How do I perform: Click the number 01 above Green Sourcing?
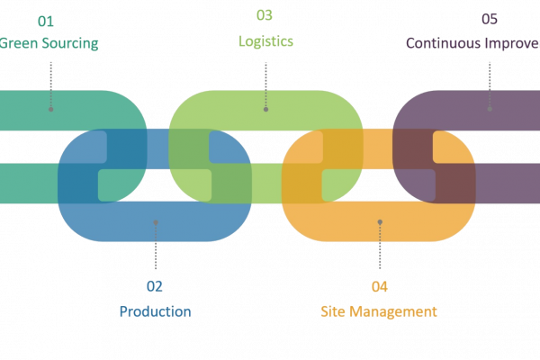pyautogui.click(x=45, y=19)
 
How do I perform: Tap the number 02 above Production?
pyautogui.click(x=155, y=287)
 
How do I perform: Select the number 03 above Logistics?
pyautogui.click(x=265, y=15)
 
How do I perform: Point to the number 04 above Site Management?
pyautogui.click(x=380, y=287)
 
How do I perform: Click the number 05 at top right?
pyautogui.click(x=490, y=19)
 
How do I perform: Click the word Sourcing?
pyautogui.click(x=67, y=43)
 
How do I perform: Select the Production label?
pyautogui.click(x=155, y=311)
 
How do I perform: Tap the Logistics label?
pyautogui.click(x=265, y=41)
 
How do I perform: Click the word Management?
pyautogui.click(x=402, y=311)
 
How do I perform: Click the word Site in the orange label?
pyautogui.click(x=332, y=311)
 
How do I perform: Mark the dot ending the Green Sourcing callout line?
pyautogui.click(x=50, y=109)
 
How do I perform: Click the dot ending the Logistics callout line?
pyautogui.click(x=265, y=109)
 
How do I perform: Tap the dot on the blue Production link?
pyautogui.click(x=155, y=221)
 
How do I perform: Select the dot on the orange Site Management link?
pyautogui.click(x=380, y=221)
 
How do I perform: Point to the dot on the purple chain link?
pyautogui.click(x=490, y=109)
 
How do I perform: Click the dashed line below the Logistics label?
pyautogui.click(x=265, y=81)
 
